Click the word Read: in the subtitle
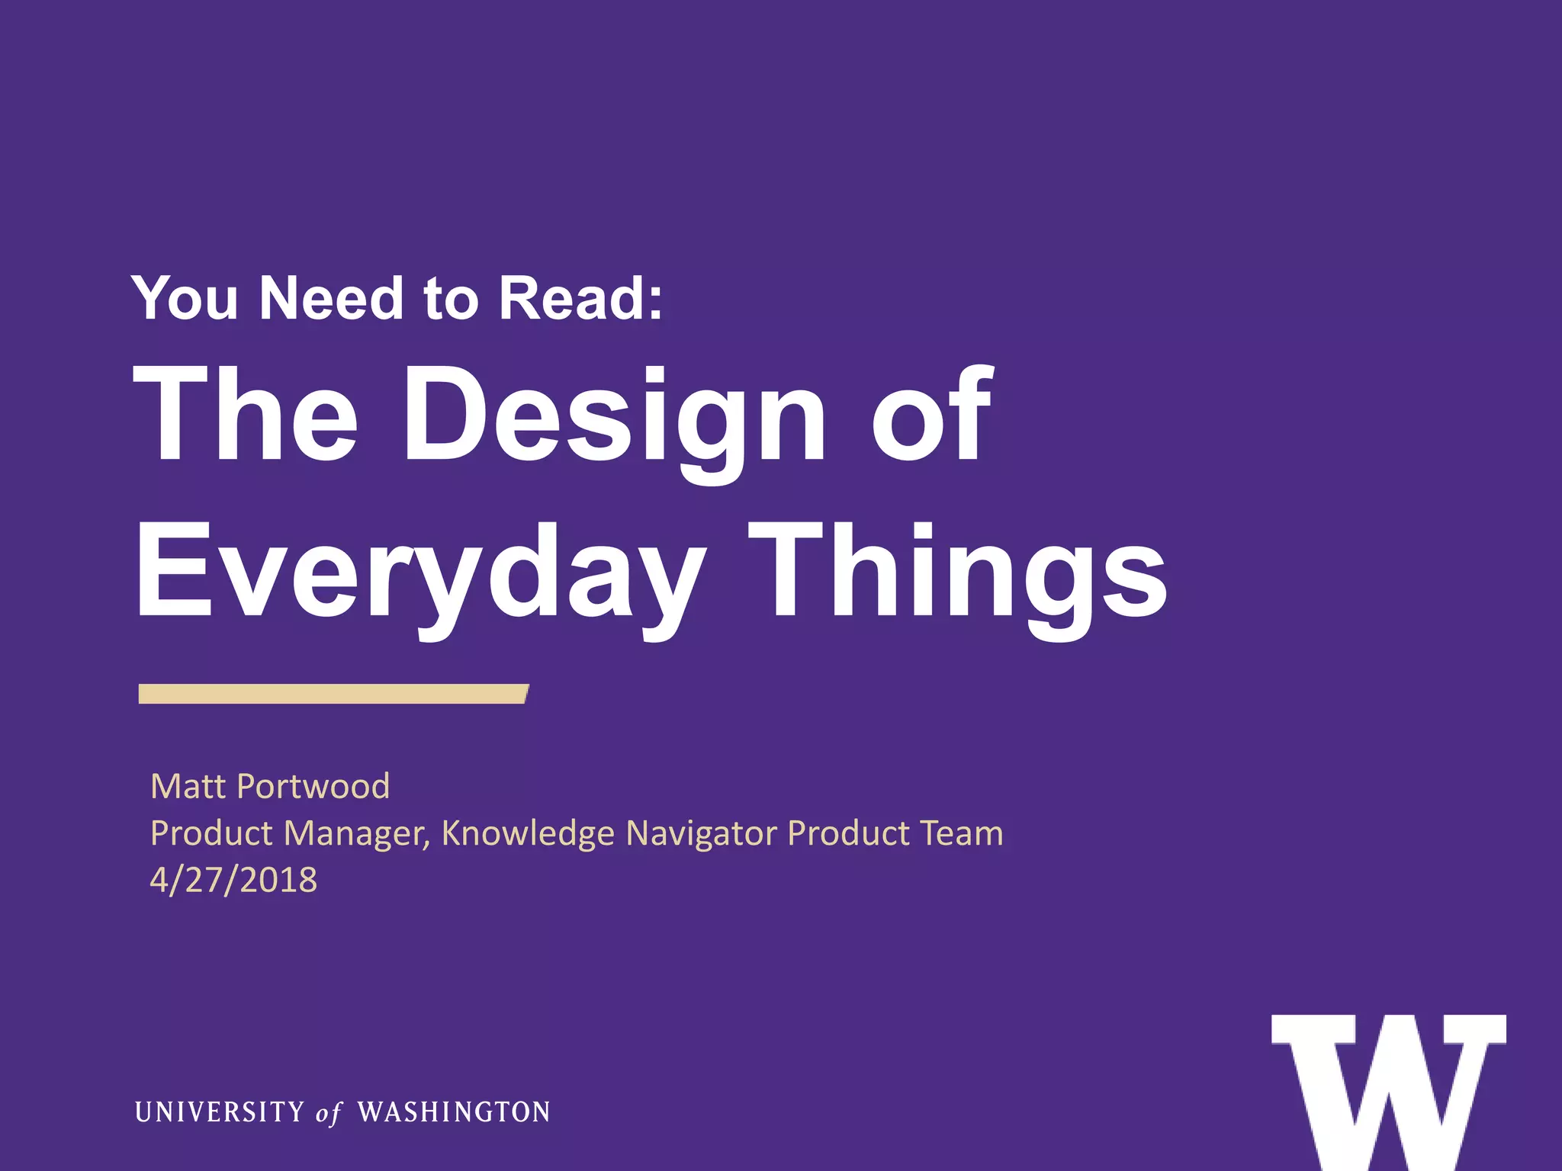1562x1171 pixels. click(x=581, y=298)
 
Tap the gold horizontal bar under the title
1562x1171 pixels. click(x=333, y=694)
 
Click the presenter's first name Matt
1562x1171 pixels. click(x=188, y=786)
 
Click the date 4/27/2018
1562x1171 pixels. click(x=233, y=880)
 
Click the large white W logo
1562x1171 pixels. click(x=1388, y=1090)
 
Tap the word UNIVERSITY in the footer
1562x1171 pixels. click(x=220, y=1112)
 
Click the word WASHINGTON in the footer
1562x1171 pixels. click(x=454, y=1112)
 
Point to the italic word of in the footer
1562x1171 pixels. click(x=329, y=1113)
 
